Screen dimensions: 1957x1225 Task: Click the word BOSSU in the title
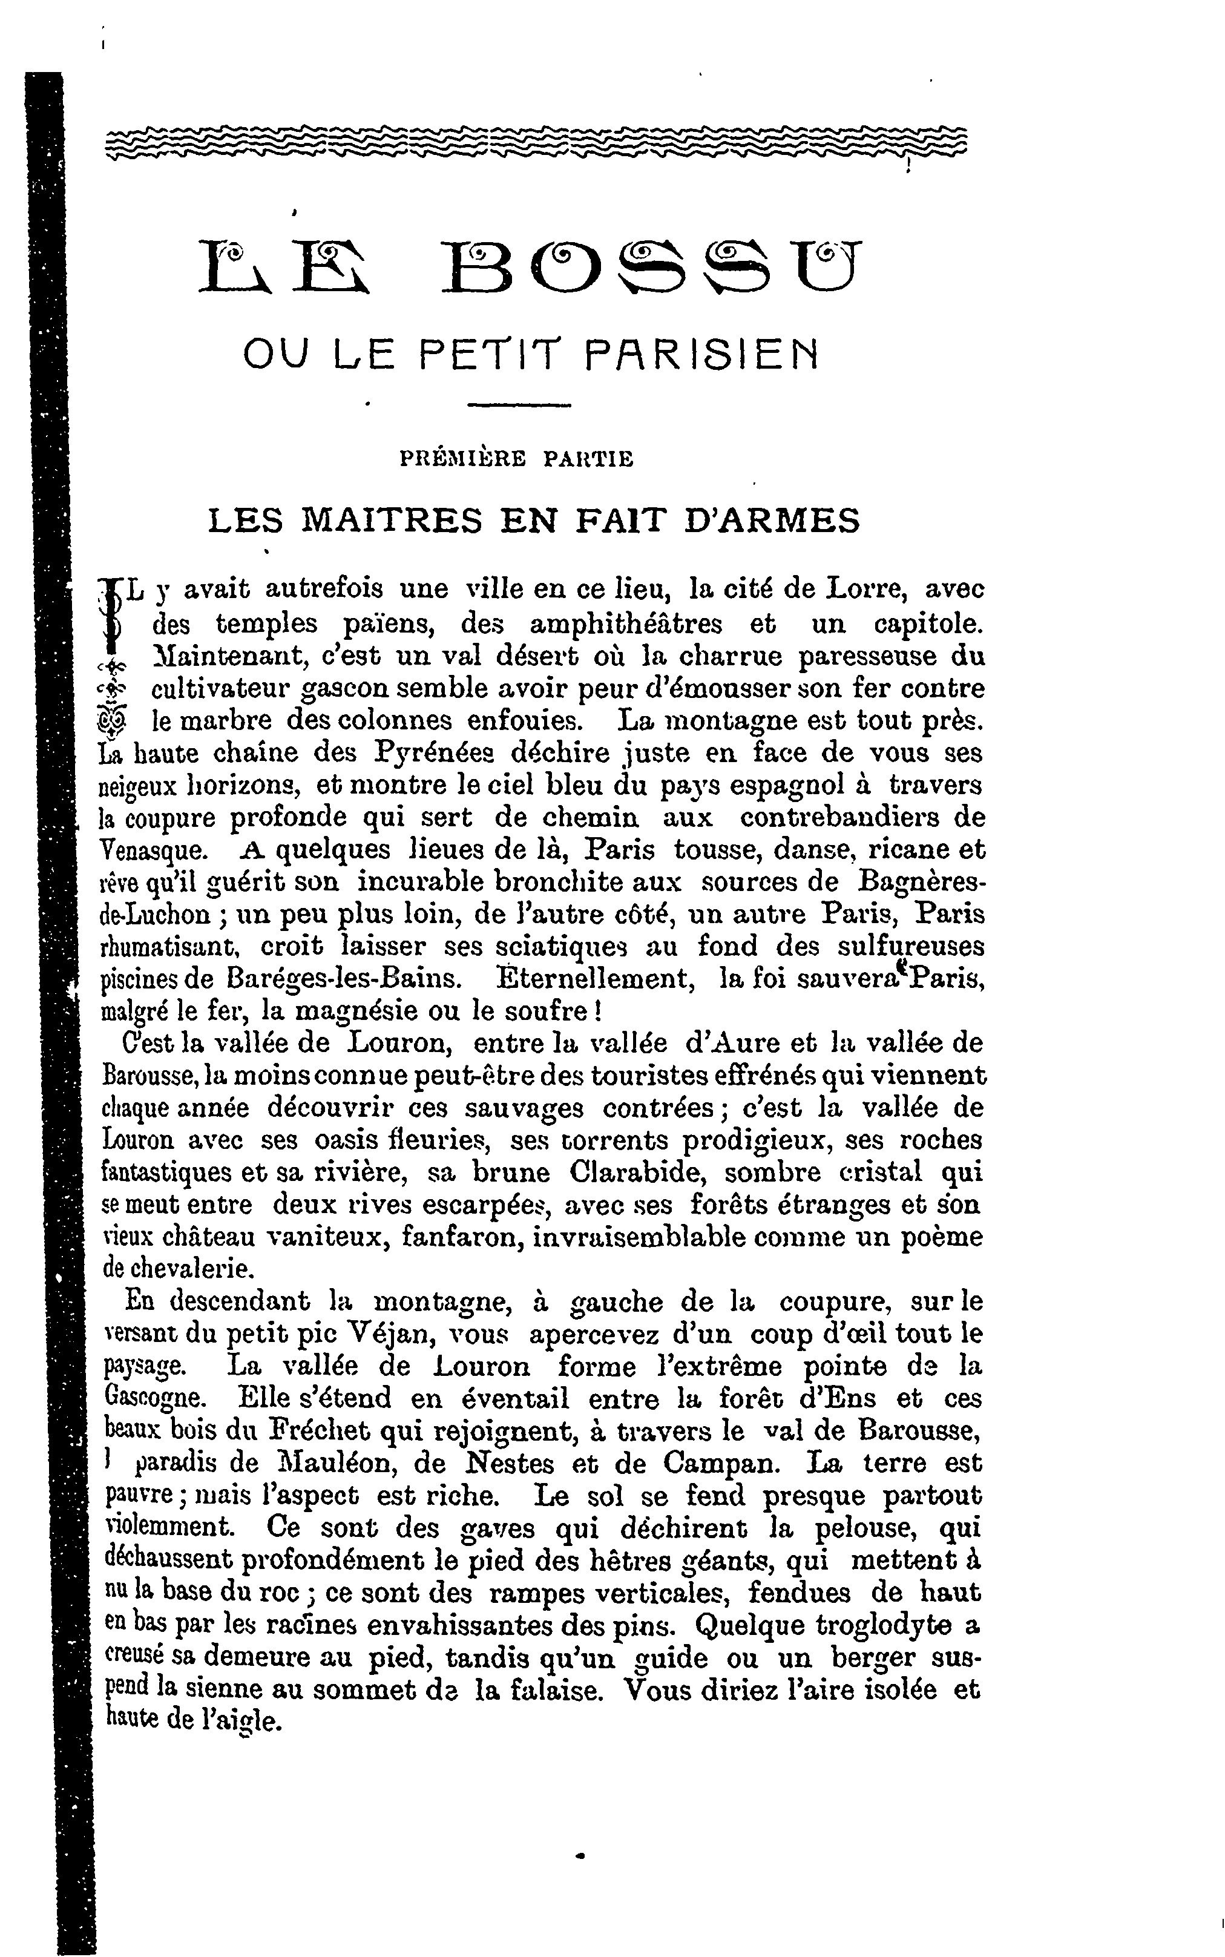pyautogui.click(x=652, y=268)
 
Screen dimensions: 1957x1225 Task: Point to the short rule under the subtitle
pyautogui.click(x=531, y=405)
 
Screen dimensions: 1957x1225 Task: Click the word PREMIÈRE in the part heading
pyautogui.click(x=462, y=459)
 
